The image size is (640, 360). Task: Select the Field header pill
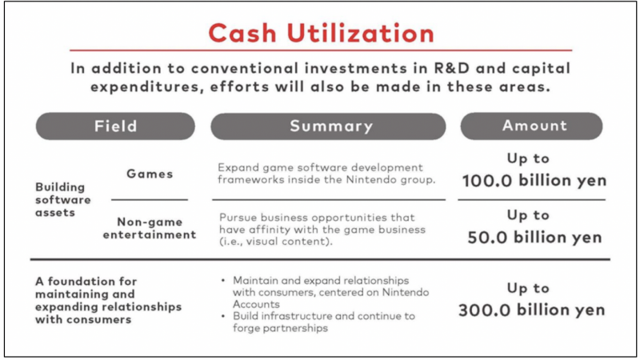[115, 126]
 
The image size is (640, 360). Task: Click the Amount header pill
[534, 126]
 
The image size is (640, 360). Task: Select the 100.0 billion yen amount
[534, 182]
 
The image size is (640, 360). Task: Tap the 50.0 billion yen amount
[534, 238]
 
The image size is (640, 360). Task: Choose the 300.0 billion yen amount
[534, 310]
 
